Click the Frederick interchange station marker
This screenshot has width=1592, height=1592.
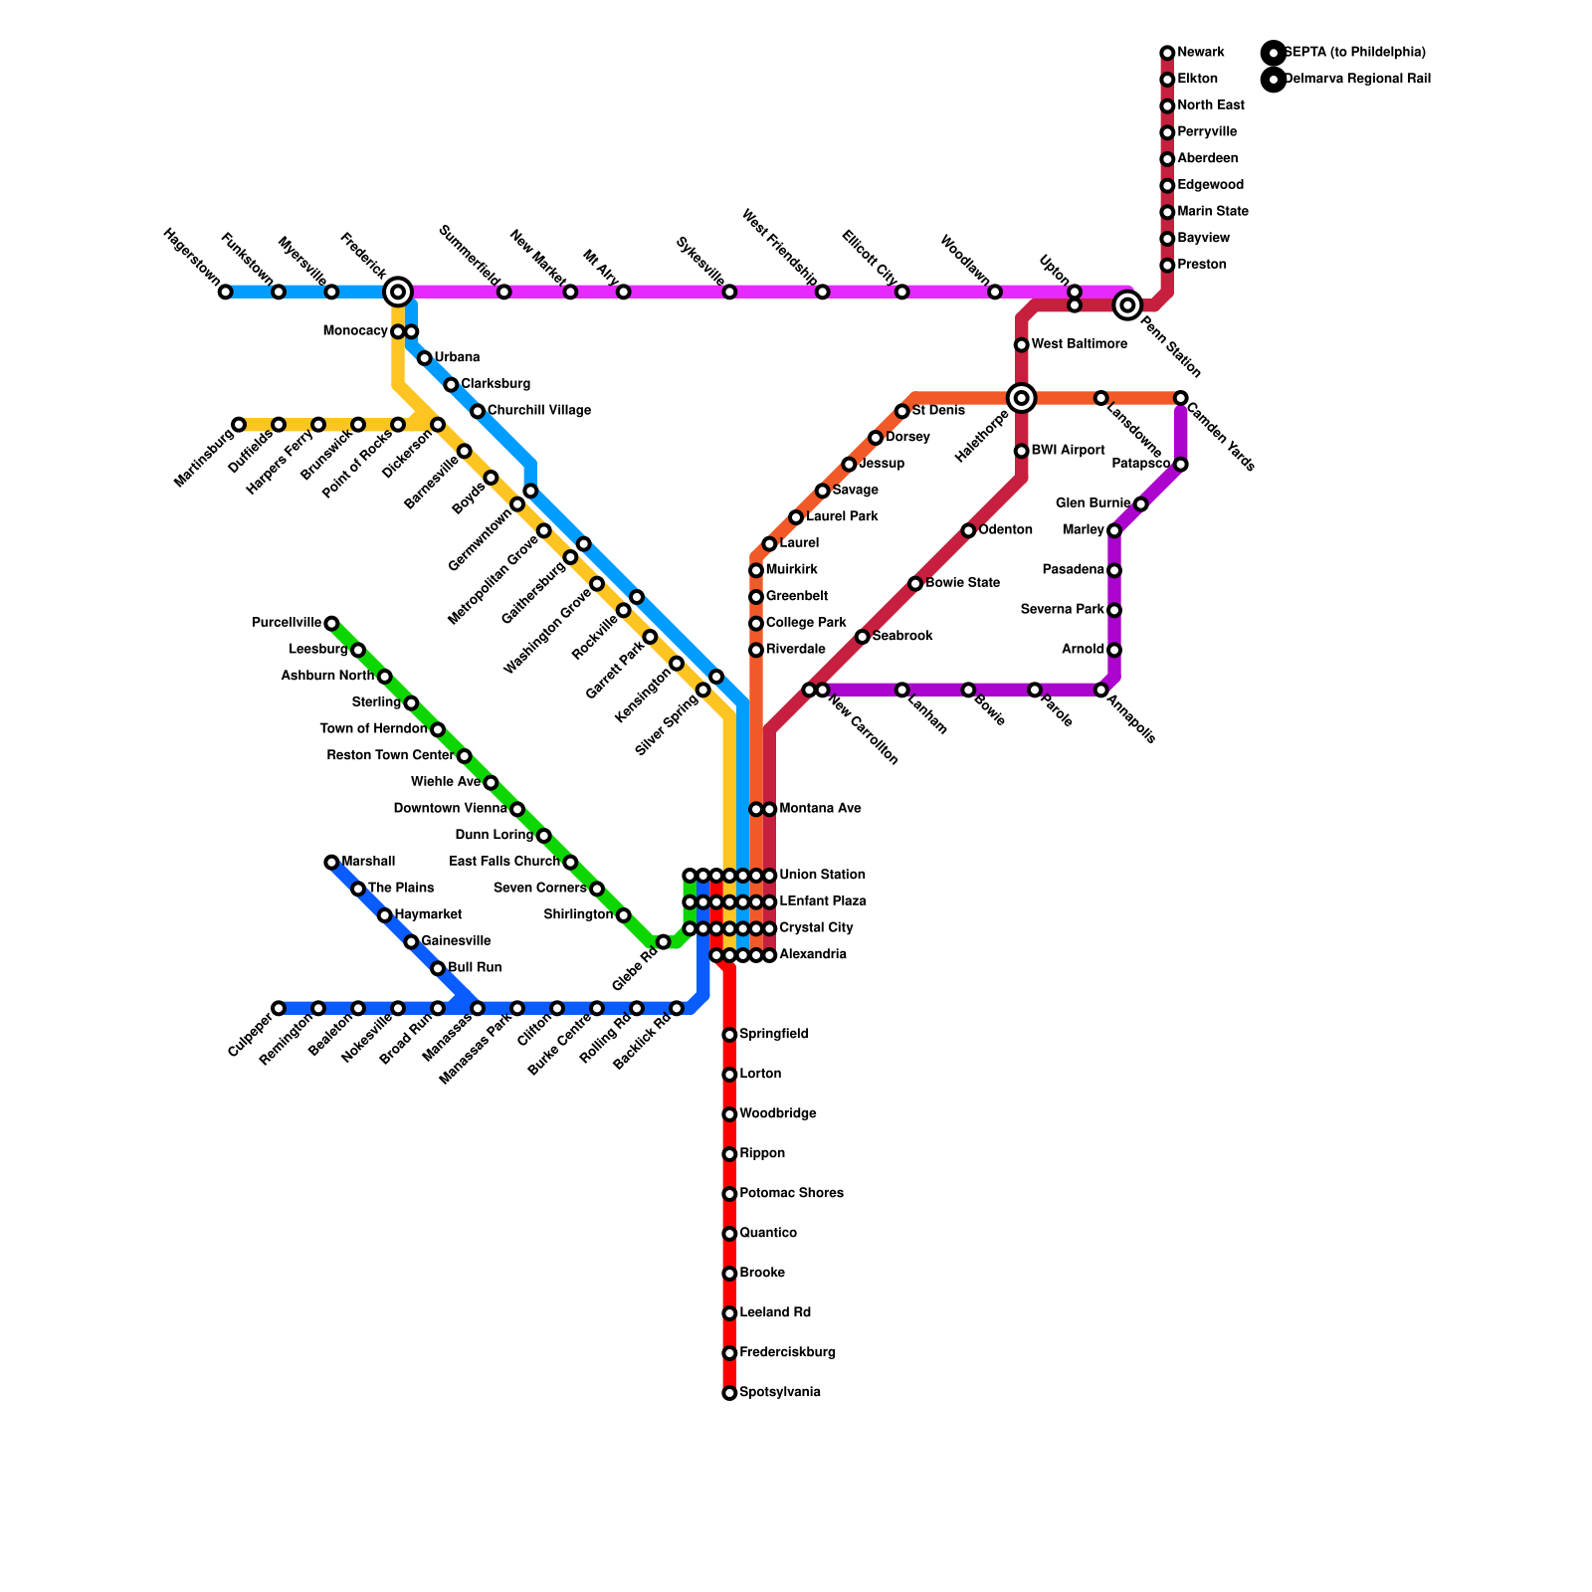398,292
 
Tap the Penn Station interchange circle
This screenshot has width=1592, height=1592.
1127,305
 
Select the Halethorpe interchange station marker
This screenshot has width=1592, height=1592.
1021,398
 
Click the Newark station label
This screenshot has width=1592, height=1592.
1200,53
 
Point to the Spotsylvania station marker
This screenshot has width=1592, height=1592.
729,1393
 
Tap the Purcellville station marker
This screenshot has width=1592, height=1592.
331,624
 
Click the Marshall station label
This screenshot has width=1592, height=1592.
368,862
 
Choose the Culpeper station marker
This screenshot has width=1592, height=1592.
279,1008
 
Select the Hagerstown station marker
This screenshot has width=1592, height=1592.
226,292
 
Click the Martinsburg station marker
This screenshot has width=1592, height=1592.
239,425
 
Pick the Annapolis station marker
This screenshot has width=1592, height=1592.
1100,690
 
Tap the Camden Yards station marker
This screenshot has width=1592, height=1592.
1180,398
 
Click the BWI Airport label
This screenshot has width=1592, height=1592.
1068,451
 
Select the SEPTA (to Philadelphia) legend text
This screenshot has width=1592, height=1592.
1354,53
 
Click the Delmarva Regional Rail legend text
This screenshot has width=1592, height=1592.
1357,80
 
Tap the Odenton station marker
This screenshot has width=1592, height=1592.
968,530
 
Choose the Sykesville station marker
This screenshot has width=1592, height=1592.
729,292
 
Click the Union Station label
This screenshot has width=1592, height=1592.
822,876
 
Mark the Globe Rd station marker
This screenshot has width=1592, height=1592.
664,941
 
